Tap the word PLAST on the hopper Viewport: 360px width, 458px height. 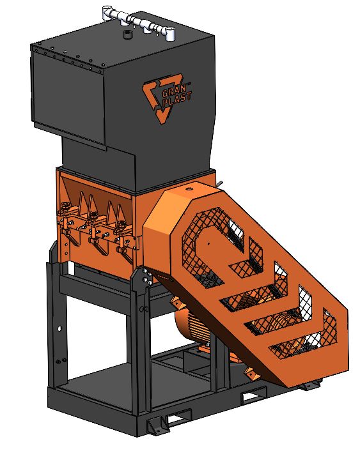click(x=177, y=100)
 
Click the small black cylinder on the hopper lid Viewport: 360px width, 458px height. click(x=127, y=34)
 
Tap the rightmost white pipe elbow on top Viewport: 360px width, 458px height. click(x=169, y=33)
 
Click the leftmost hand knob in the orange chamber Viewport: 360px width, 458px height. click(x=65, y=210)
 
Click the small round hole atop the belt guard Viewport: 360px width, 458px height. click(x=190, y=188)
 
